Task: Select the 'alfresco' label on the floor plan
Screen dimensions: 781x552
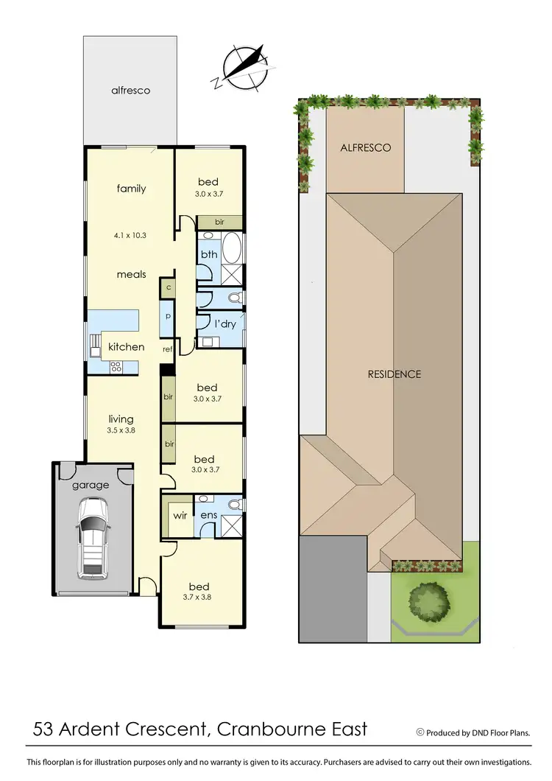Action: tap(130, 91)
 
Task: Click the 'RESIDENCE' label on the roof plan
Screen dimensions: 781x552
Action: tap(394, 374)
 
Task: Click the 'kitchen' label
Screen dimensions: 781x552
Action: tap(127, 346)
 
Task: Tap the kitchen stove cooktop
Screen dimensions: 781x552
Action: tap(116, 365)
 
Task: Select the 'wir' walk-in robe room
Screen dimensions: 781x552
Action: tap(180, 515)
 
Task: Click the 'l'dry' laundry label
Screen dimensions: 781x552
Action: tap(224, 324)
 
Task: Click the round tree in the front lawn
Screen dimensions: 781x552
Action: tap(428, 598)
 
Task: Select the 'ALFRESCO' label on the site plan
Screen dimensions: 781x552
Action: tap(365, 147)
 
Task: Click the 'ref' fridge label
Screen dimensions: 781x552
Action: tap(167, 350)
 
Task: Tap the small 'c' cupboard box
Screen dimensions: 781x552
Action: tap(169, 287)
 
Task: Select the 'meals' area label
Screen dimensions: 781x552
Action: tap(131, 274)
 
